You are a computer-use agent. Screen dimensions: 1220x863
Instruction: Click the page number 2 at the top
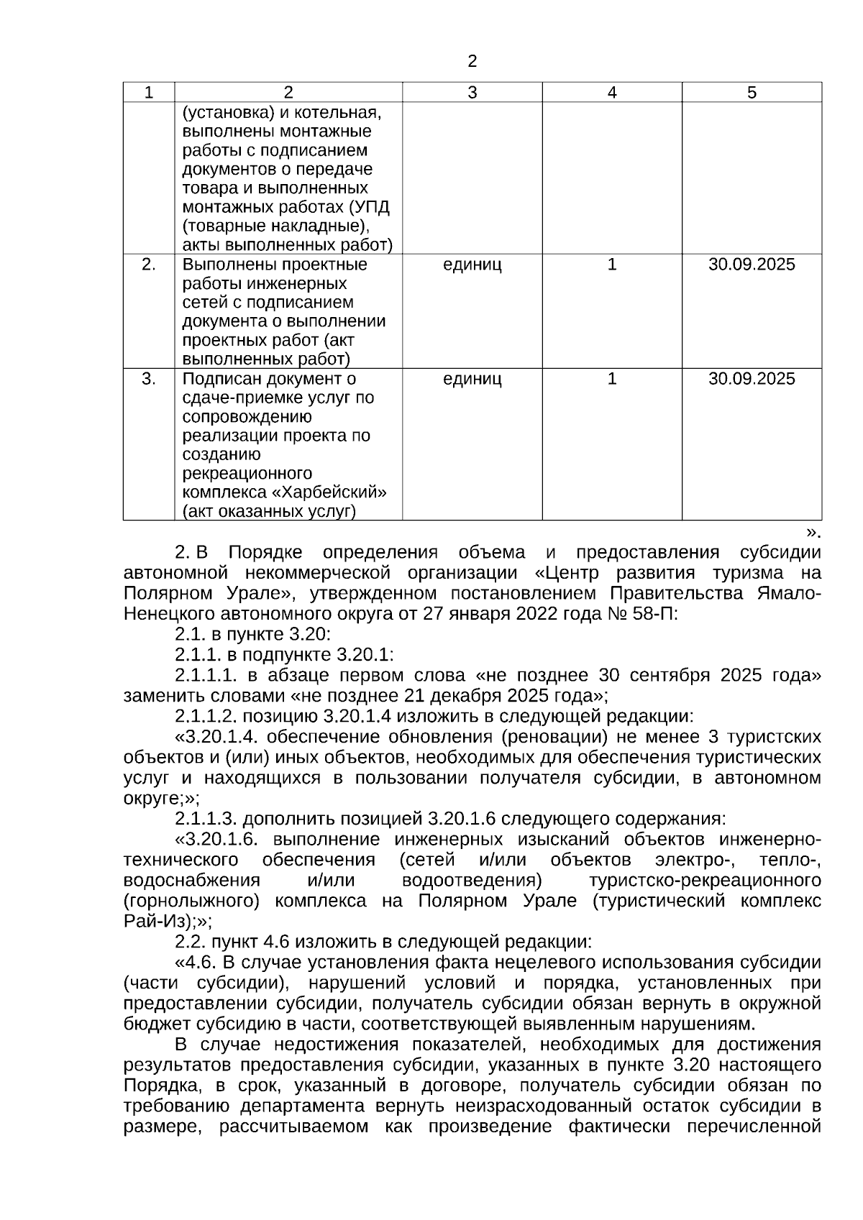472,62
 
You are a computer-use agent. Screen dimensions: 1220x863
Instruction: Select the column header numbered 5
752,93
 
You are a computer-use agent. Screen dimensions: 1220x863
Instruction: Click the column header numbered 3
472,93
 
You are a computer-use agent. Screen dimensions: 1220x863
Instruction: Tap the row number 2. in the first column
148,265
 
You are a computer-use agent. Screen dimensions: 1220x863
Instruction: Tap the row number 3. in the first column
148,379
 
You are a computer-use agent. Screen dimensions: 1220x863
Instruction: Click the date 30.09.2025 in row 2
752,265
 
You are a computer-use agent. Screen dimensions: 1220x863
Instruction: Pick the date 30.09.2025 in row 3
752,379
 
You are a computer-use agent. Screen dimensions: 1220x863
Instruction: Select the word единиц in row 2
472,265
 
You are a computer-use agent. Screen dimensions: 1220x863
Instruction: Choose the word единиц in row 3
472,379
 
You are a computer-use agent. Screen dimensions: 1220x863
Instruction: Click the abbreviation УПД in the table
374,208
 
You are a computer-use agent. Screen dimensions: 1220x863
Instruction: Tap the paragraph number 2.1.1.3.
206,819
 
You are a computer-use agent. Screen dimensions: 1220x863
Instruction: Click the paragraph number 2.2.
190,942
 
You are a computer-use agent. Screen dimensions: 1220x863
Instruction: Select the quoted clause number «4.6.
196,963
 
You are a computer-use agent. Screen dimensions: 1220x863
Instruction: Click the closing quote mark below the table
812,533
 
